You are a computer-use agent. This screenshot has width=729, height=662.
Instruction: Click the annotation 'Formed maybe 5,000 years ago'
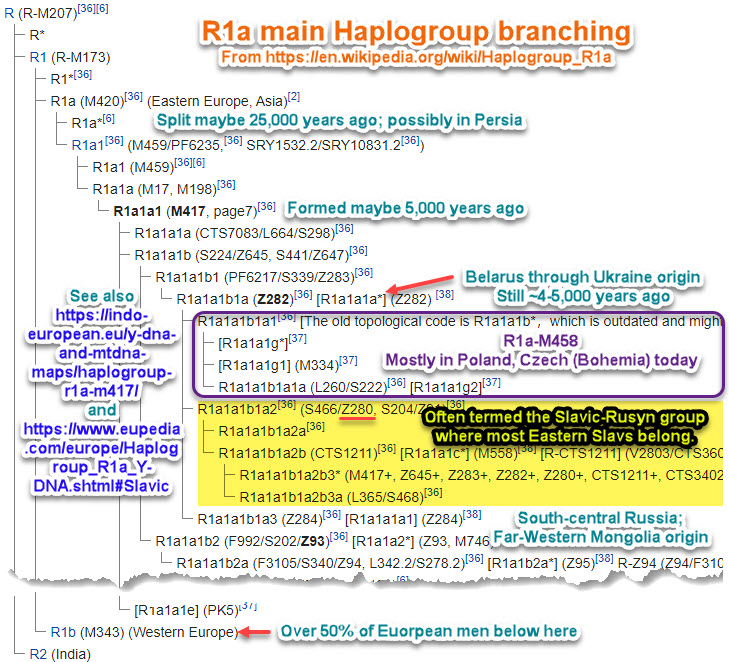pos(405,208)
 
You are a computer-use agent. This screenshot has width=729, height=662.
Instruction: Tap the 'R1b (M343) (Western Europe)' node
pos(144,632)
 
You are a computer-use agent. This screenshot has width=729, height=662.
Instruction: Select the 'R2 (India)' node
pos(60,654)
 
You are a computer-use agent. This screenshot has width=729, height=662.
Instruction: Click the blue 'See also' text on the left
pos(99,298)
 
